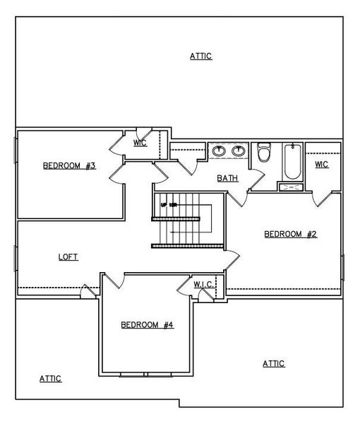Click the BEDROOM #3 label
coord(69,166)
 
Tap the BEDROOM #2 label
coord(290,234)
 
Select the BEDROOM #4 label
coord(147,325)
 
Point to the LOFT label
coord(68,257)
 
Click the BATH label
coord(227,178)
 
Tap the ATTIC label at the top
coord(200,56)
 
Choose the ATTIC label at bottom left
coord(50,379)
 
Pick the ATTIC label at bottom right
coord(273,363)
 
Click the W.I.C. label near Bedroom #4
coord(204,284)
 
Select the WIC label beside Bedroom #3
coord(140,143)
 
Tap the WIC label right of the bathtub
coord(321,164)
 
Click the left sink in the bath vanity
coord(219,150)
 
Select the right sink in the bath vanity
coord(239,150)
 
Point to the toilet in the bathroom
coord(264,153)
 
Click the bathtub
coord(291,163)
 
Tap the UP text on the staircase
coord(169,204)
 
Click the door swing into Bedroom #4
coord(116,281)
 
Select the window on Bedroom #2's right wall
coord(342,268)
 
